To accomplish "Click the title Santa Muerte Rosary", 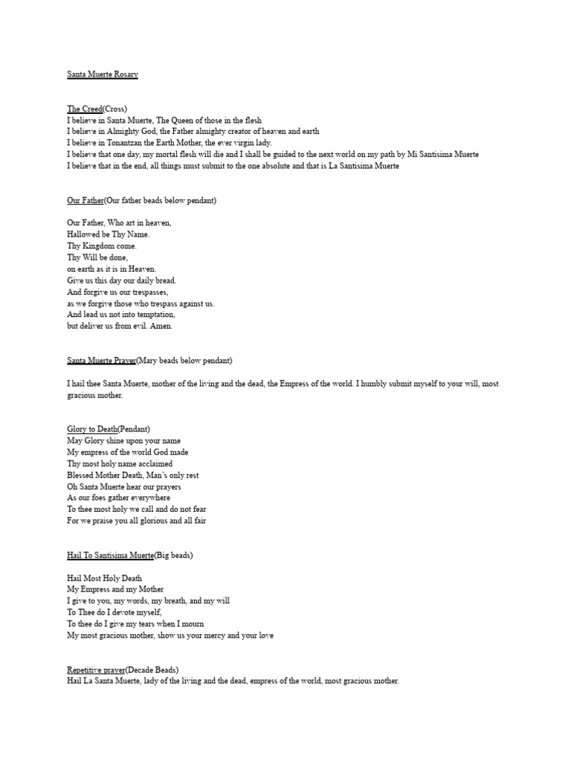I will click(102, 74).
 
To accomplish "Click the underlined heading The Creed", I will click(84, 109).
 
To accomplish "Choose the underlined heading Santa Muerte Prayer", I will click(101, 361).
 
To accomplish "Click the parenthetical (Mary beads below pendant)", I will click(184, 361).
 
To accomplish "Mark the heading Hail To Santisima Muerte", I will click(110, 555).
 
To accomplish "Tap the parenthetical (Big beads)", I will click(173, 555).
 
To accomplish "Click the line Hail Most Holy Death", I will click(104, 578).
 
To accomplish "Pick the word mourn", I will click(191, 624).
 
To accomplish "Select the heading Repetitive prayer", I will click(97, 670).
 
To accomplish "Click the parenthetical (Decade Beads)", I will click(152, 670).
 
